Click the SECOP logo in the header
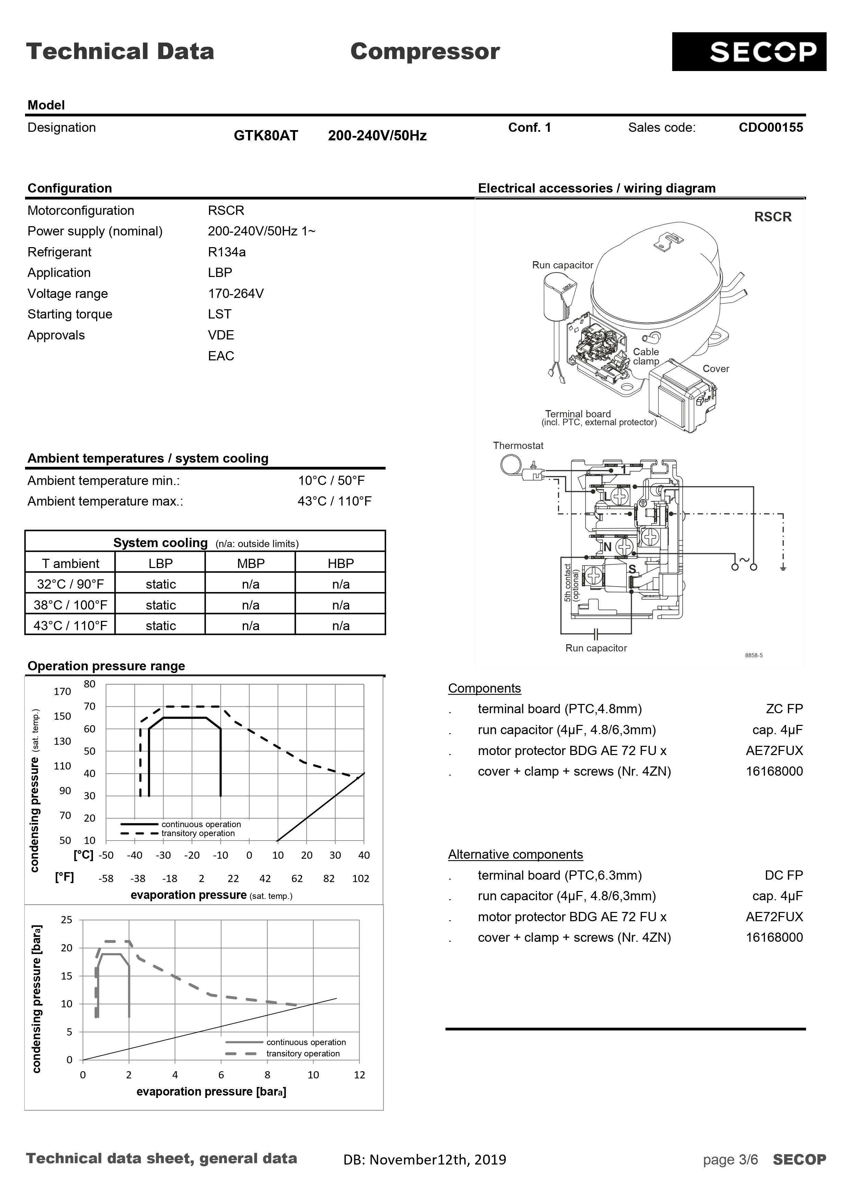[748, 52]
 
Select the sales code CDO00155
[770, 127]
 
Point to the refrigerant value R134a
[226, 252]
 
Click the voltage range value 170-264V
[235, 294]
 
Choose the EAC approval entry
[221, 356]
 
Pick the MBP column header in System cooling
[250, 563]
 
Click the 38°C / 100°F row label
[70, 605]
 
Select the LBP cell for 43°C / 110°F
[161, 626]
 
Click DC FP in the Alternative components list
[783, 875]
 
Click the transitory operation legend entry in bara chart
[303, 1054]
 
